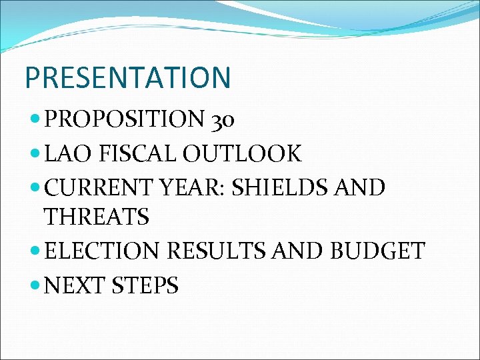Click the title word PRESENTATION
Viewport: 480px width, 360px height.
[127, 77]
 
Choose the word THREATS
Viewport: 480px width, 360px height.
[97, 216]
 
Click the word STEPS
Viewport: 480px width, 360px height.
[145, 285]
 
